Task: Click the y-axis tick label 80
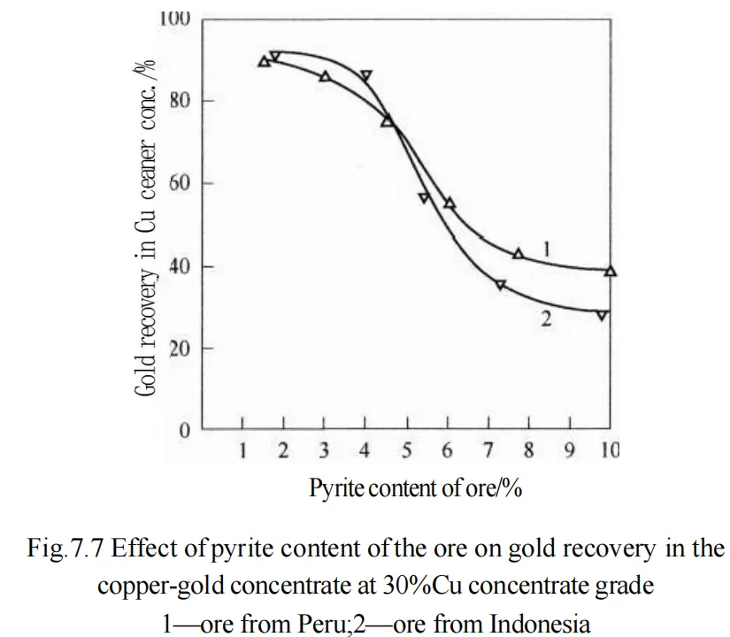point(181,101)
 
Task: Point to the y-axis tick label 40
point(181,266)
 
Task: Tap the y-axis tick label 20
point(181,349)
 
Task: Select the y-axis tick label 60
point(181,184)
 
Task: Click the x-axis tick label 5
point(406,452)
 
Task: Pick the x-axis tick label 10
point(610,452)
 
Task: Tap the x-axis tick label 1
point(243,452)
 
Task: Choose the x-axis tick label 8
point(528,452)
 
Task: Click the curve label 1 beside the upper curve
point(547,251)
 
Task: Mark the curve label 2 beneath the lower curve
point(546,319)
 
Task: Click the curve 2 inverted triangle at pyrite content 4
point(366,76)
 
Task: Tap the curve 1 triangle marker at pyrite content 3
point(325,77)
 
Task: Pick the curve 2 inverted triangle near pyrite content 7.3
point(501,285)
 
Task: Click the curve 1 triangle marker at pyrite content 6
point(449,203)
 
